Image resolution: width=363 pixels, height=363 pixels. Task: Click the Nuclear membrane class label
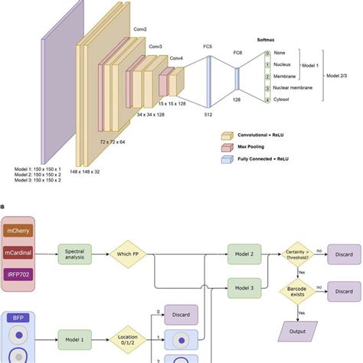294,88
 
